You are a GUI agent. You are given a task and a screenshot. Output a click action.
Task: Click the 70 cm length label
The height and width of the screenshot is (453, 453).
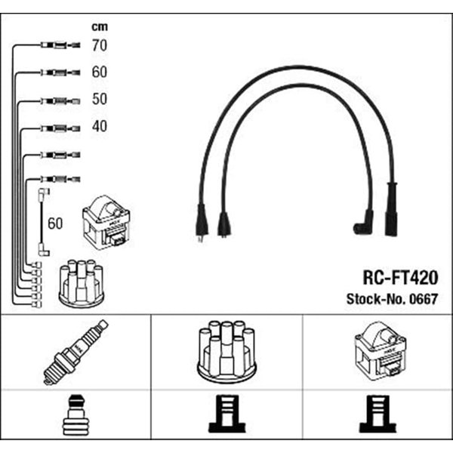100,45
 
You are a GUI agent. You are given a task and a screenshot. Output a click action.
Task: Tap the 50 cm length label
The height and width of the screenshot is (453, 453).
100,99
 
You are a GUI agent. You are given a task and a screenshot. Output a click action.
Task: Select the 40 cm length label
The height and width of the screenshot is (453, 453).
100,126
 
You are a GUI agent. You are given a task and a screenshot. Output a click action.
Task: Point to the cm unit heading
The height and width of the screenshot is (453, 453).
100,27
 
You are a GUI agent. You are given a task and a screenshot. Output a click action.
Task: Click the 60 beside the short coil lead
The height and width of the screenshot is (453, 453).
55,223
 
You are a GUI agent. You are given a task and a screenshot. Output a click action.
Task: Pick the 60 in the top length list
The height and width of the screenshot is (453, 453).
100,72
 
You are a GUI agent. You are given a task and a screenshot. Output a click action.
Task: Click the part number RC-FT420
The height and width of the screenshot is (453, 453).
400,278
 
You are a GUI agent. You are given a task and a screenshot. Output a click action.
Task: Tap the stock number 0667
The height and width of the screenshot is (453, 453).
424,299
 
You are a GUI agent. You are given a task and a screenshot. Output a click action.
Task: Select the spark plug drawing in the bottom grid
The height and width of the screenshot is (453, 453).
75,352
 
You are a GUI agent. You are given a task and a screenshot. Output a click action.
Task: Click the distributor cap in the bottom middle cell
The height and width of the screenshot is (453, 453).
226,352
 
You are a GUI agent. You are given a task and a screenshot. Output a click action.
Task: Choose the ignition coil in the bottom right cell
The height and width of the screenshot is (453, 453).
381,351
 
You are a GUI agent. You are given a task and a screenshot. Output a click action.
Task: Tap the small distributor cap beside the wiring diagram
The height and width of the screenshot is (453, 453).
82,283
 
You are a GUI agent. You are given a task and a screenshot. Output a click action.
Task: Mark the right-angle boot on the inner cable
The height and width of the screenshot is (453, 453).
363,223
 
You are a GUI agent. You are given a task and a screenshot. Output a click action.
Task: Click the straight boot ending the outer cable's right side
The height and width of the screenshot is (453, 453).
391,208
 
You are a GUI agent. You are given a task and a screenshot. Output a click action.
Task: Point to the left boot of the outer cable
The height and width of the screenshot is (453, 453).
202,221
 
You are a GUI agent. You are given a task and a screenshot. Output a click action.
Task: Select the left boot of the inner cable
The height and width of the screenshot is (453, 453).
224,225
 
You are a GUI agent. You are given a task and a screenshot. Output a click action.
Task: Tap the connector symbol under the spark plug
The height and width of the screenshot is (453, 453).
76,415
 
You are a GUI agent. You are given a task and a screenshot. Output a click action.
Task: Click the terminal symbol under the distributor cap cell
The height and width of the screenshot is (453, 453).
226,414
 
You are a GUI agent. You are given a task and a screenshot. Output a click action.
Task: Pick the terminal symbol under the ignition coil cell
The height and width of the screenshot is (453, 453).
378,414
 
